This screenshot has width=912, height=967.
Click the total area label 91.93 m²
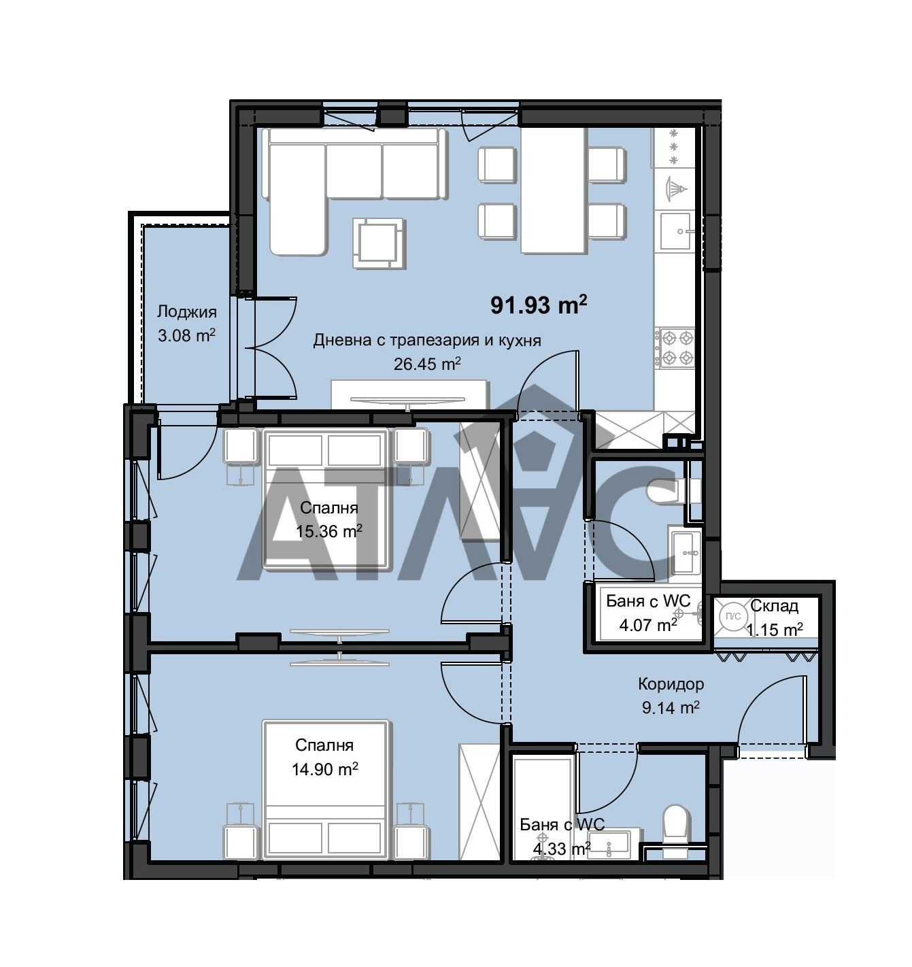[539, 305]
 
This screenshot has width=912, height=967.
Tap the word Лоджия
[186, 311]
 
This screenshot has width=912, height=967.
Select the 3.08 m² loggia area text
[186, 335]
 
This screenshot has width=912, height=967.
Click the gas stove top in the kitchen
[675, 347]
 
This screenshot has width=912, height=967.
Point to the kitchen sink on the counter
[675, 231]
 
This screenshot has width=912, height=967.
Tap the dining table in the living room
[552, 190]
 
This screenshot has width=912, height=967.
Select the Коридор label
[671, 684]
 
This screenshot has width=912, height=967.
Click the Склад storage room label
[774, 606]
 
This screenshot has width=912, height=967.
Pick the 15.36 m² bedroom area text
[329, 531]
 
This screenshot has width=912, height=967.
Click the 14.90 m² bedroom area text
[325, 769]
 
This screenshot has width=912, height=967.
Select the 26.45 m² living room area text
[427, 364]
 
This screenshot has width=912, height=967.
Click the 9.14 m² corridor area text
[671, 707]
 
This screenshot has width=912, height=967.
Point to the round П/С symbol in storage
[733, 616]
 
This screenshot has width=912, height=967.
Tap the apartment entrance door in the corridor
[771, 710]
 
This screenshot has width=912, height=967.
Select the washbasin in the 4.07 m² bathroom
[686, 552]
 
